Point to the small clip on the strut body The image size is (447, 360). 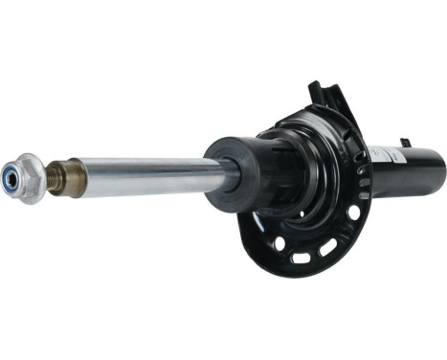click(x=406, y=143)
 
